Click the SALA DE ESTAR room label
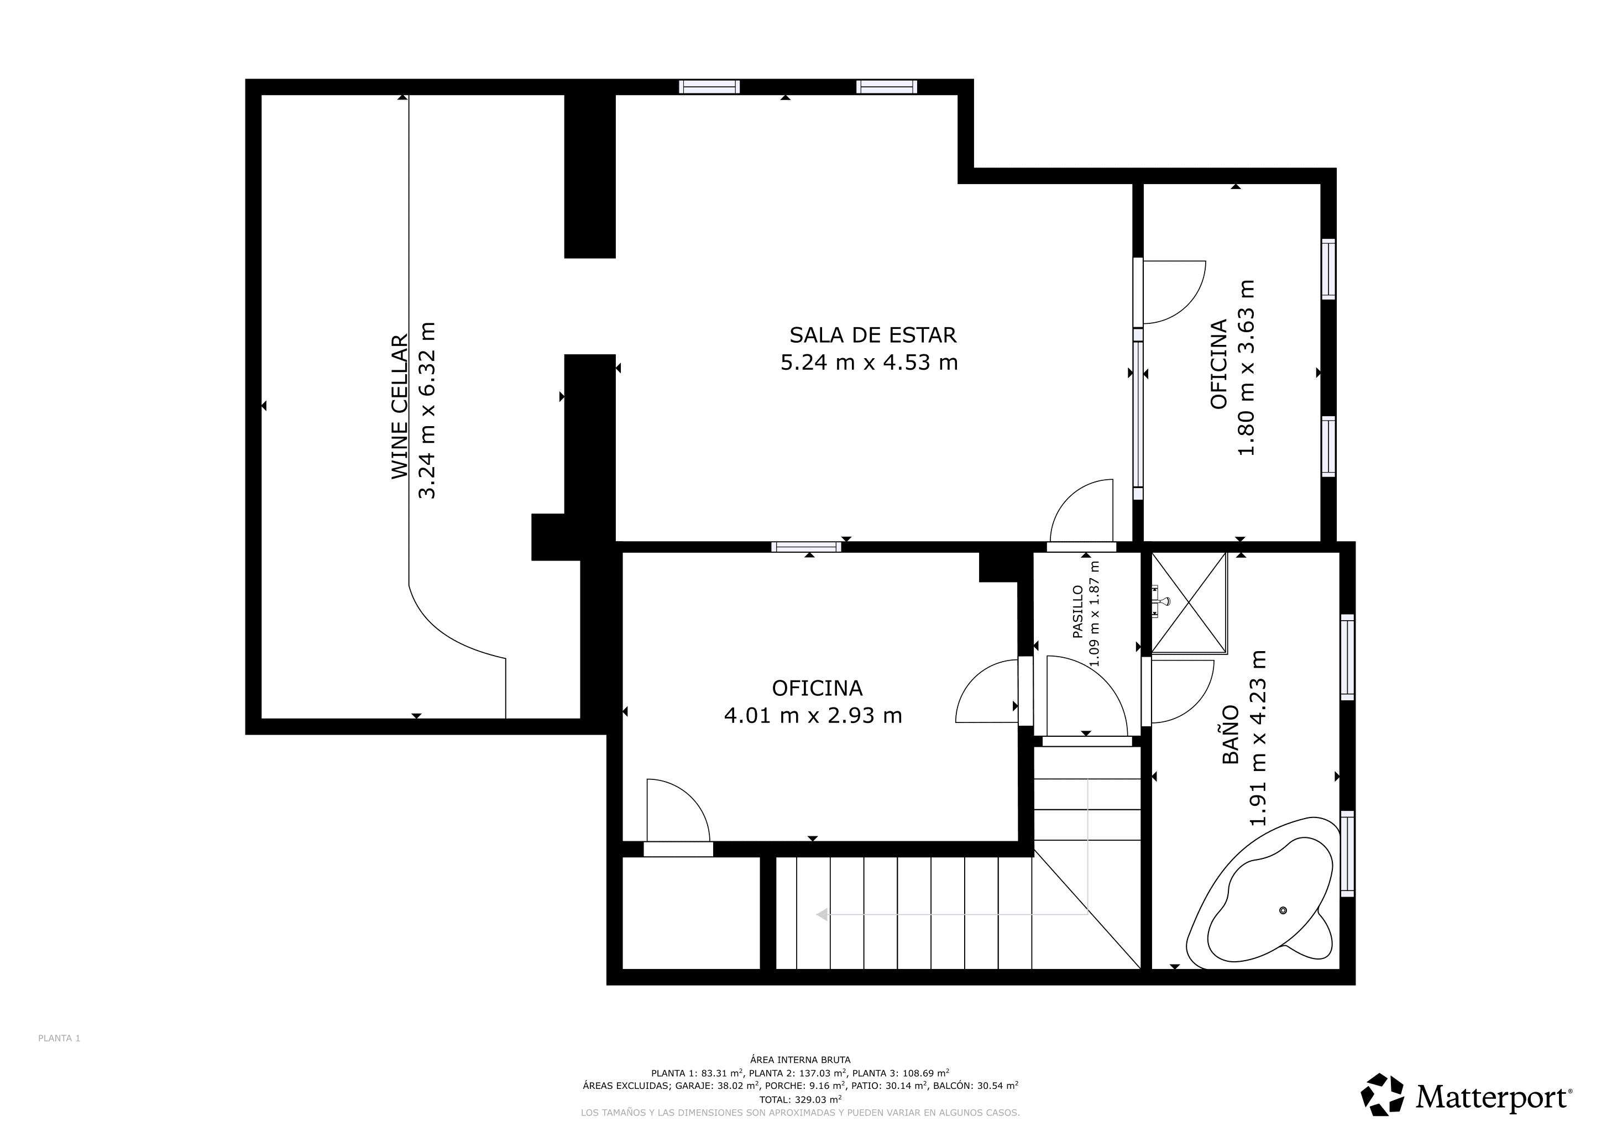[x=872, y=336]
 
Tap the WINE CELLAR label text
[x=399, y=406]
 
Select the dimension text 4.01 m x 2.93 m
[x=813, y=716]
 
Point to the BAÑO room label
[x=1231, y=734]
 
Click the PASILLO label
[x=1078, y=611]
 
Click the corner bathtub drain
[x=1283, y=910]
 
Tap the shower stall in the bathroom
[x=1189, y=603]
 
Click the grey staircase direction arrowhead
[x=822, y=915]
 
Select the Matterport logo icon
[x=1383, y=1094]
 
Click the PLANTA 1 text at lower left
[x=59, y=1038]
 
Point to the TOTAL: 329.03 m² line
[x=800, y=1099]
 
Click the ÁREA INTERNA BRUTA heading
[x=800, y=1060]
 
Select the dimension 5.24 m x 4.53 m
[x=869, y=363]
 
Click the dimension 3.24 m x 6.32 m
[x=426, y=410]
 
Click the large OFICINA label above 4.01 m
[x=817, y=689]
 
